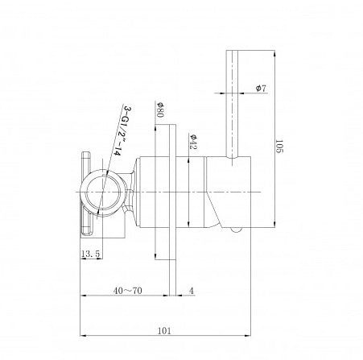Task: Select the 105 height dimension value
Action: (x=279, y=148)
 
